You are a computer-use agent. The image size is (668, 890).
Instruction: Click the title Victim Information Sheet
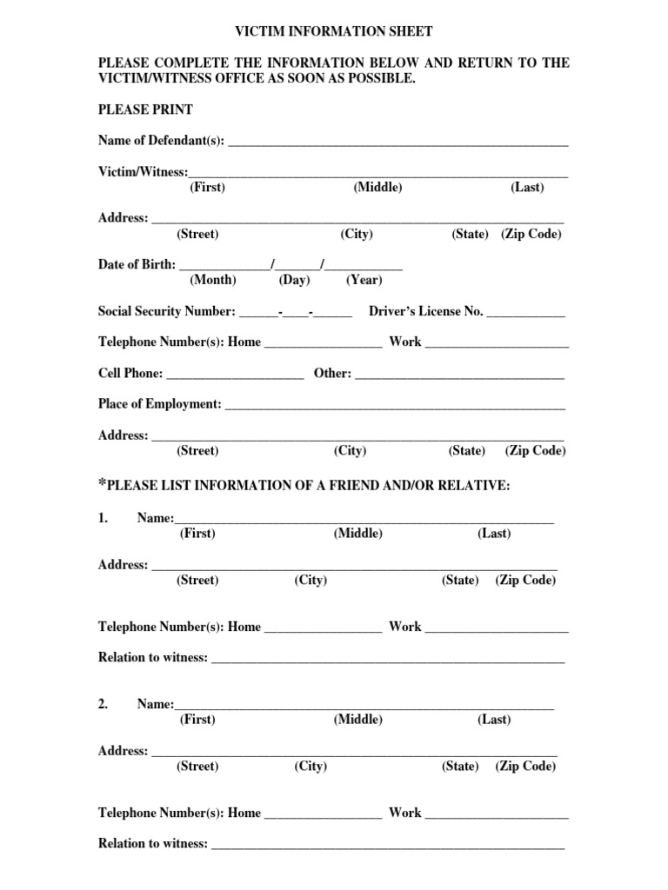[x=334, y=31]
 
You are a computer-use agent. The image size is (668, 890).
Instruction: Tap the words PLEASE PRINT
[x=145, y=110]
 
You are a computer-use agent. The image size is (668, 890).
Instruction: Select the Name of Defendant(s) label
[x=161, y=140]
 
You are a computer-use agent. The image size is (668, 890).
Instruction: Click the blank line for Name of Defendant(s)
[x=397, y=143]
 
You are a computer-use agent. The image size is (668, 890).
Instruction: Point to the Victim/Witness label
[x=143, y=172]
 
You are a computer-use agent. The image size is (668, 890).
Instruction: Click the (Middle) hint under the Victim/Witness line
[x=377, y=188]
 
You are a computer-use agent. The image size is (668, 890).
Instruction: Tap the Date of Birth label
[x=137, y=264]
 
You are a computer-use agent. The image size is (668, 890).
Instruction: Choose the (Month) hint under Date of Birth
[x=212, y=280]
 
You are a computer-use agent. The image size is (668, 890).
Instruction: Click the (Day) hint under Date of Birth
[x=294, y=280]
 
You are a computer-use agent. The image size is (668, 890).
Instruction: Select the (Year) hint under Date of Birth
[x=364, y=280]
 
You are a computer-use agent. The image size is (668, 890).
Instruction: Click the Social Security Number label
[x=166, y=311]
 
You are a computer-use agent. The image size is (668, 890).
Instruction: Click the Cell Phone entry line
[x=235, y=376]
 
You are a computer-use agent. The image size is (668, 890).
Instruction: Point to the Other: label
[x=332, y=374]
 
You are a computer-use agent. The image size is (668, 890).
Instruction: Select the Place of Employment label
[x=160, y=404]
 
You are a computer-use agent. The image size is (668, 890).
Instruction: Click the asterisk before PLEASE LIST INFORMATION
[x=102, y=483]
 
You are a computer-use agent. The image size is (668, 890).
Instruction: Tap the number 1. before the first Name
[x=104, y=518]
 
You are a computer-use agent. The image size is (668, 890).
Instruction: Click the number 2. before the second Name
[x=104, y=704]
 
